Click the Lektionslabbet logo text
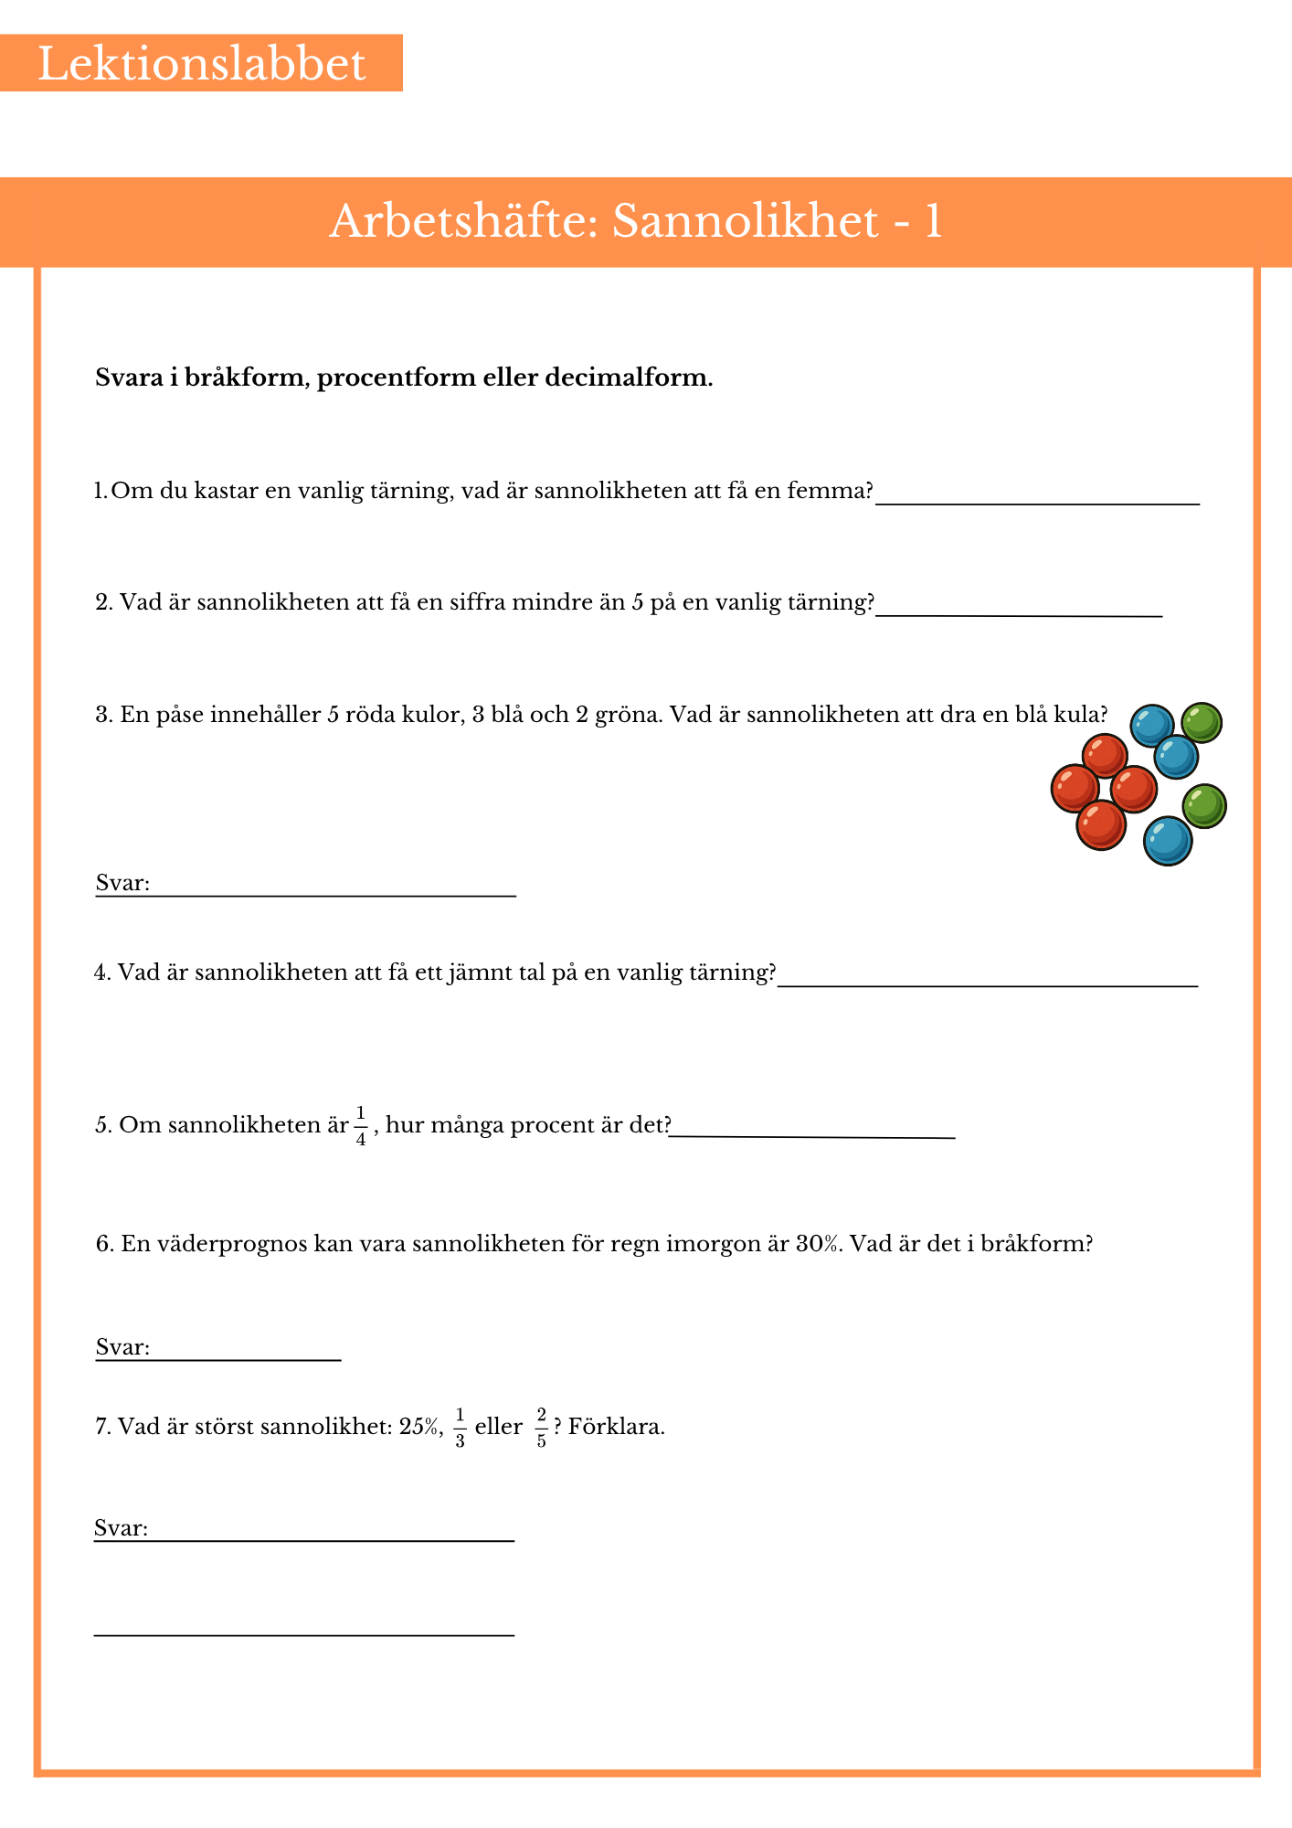point(201,64)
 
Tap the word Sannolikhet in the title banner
point(745,221)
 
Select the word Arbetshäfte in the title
point(461,221)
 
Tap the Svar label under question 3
point(122,883)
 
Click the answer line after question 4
point(987,983)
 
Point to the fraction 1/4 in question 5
point(361,1125)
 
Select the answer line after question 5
point(813,1135)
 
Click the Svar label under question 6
point(122,1347)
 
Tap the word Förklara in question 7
point(616,1427)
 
